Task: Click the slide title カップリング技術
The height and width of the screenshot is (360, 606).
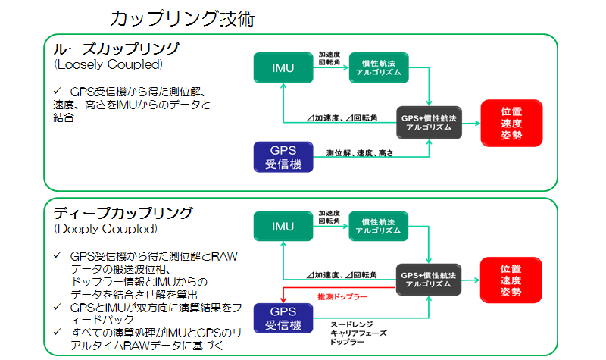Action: (x=183, y=18)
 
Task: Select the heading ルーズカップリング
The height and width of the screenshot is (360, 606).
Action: (x=116, y=49)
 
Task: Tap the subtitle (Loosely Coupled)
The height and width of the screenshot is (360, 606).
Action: (x=108, y=64)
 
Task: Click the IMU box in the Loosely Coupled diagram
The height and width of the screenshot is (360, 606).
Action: (x=283, y=67)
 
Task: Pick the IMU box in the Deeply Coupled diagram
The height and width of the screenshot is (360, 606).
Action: (x=283, y=226)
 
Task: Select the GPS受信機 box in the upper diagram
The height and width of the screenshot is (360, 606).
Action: (x=283, y=157)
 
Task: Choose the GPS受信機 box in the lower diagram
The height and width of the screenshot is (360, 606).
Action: (x=283, y=318)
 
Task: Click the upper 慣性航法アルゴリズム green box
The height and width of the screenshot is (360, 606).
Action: (x=379, y=67)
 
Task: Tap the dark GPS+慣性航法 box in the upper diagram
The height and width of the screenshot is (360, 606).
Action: (x=429, y=123)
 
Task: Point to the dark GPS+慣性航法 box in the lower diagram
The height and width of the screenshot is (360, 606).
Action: (x=429, y=280)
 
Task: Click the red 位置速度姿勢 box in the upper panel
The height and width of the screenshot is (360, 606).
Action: (x=512, y=123)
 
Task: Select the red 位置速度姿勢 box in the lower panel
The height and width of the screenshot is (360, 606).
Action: (x=511, y=280)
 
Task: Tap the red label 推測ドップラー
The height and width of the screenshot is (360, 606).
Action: (x=342, y=296)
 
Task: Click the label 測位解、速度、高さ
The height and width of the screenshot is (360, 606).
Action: (x=359, y=153)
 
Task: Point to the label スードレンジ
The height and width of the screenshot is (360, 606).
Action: (x=351, y=324)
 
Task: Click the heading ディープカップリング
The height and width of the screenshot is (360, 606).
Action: (x=123, y=213)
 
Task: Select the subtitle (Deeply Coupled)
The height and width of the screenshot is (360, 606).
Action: (x=106, y=229)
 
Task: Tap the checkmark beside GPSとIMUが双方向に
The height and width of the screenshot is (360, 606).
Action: (x=58, y=307)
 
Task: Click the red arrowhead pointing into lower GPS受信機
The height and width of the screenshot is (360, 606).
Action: (x=283, y=299)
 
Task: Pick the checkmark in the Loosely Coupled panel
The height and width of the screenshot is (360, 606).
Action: (x=58, y=91)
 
